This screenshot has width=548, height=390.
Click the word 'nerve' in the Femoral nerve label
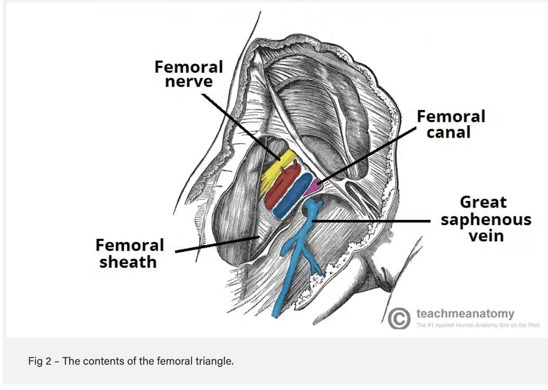point(189,82)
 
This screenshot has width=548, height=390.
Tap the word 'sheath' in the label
point(128,262)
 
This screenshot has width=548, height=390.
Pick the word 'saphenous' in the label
point(486,220)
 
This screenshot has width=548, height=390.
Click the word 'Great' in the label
point(483,202)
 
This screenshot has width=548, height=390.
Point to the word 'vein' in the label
point(486,236)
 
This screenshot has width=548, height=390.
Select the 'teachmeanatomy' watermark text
point(465,313)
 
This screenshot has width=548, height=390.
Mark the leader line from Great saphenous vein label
point(371,221)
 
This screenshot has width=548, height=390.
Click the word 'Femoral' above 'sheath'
point(130,245)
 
